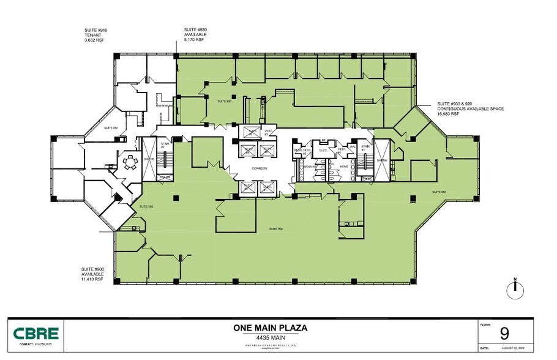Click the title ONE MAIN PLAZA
pyautogui.click(x=270, y=328)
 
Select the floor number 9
pyautogui.click(x=504, y=334)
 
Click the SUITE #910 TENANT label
pyautogui.click(x=97, y=35)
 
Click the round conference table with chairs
pyautogui.click(x=129, y=163)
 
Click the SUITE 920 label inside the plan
pyautogui.click(x=225, y=101)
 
